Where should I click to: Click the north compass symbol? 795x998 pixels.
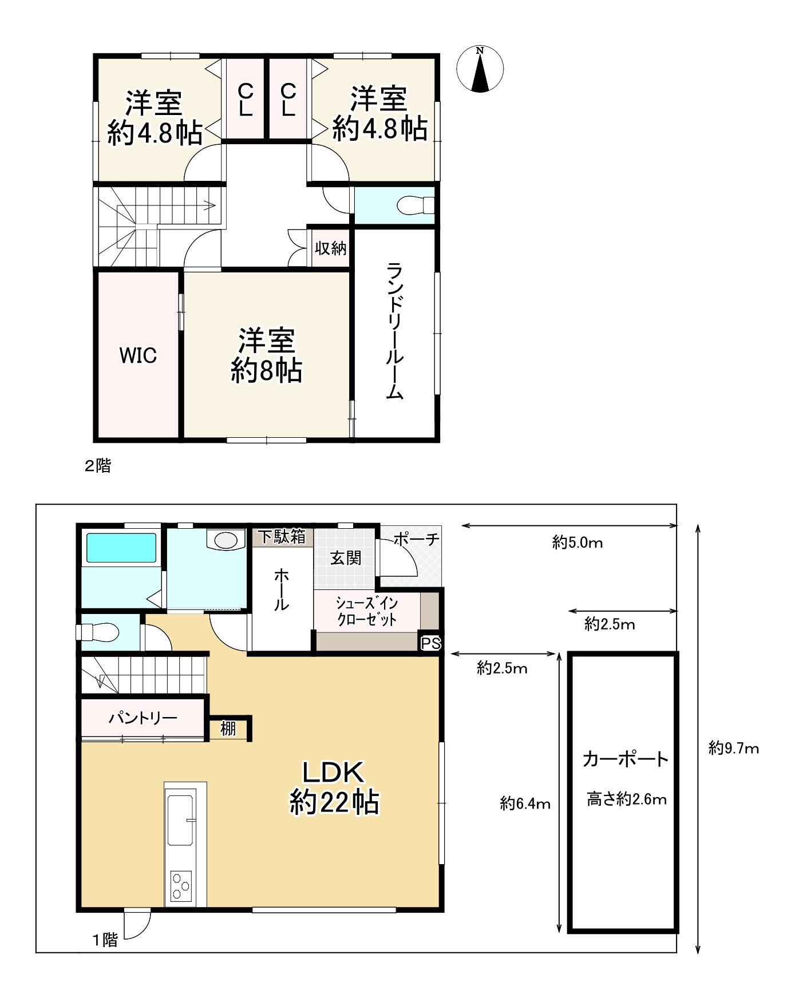pos(480,69)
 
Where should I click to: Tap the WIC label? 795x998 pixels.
pos(138,355)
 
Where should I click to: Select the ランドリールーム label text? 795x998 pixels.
pos(395,331)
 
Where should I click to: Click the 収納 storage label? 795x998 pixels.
pos(331,248)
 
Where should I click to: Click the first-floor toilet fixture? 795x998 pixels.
pos(98,632)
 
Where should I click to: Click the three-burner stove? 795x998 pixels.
pos(181,888)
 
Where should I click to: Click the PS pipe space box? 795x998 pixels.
pos(431,643)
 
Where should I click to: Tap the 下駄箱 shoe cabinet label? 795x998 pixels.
pos(282,537)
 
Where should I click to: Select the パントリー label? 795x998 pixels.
pos(143,718)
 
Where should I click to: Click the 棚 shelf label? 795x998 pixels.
pos(228,728)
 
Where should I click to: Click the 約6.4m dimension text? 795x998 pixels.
pos(525,804)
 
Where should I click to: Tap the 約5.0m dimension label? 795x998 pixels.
pos(578,542)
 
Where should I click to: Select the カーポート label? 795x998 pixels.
pos(626,759)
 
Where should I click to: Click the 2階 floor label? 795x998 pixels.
pos(98,466)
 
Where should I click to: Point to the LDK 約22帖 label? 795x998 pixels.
pos(334,787)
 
